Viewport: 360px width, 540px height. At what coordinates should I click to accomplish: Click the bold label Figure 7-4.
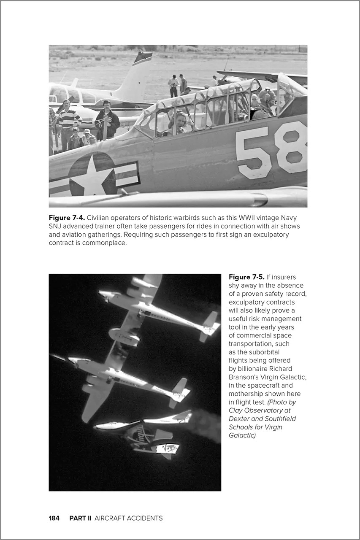tap(67, 218)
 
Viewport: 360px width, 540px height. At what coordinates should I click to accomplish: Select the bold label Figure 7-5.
tap(246, 277)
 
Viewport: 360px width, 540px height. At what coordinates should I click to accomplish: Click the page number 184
tap(54, 518)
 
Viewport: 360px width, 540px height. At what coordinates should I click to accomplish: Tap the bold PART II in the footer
tap(80, 518)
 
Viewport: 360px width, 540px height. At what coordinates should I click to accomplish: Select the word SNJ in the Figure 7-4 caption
tap(55, 226)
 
